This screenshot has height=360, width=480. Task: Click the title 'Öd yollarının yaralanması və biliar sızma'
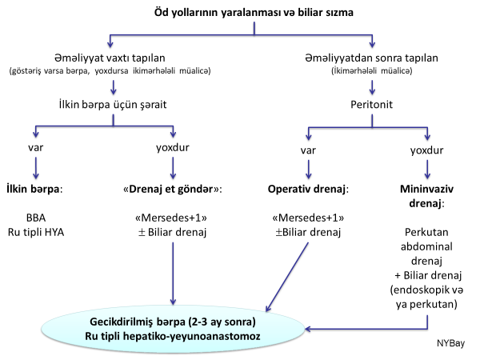pos(254,12)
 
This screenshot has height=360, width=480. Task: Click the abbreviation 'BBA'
pos(36,218)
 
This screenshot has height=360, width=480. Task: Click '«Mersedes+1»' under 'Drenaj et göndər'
pos(173,218)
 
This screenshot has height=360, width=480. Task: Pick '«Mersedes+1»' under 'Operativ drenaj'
pos(309,218)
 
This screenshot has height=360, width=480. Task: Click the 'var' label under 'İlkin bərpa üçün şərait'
pos(35,150)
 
